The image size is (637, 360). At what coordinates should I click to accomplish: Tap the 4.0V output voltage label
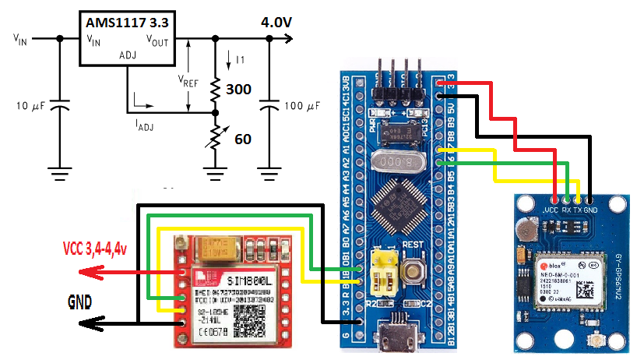click(x=276, y=23)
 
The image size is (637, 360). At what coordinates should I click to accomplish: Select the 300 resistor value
click(x=238, y=90)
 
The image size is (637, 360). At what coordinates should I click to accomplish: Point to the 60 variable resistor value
click(x=242, y=139)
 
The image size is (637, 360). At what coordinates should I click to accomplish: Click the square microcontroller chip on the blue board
click(x=399, y=209)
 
